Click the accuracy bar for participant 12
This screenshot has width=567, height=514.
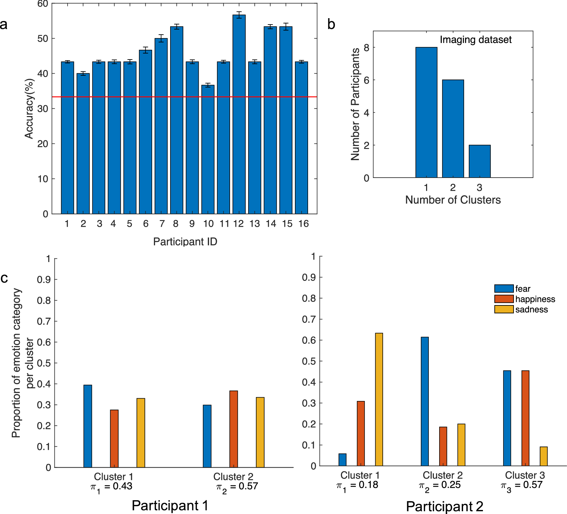[x=239, y=114]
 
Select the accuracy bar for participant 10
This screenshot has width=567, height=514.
[x=208, y=150]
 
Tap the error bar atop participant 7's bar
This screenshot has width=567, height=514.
[x=161, y=38]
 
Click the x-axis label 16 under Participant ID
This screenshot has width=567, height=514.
[x=303, y=224]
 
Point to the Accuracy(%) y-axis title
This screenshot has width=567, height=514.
[x=29, y=109]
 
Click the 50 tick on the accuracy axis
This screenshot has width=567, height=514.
[x=43, y=39]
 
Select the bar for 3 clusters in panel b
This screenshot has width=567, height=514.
[x=480, y=161]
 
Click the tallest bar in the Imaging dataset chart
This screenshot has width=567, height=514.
[x=426, y=112]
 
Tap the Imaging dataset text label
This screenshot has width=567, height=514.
[x=476, y=40]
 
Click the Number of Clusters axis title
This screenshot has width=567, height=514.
[x=453, y=200]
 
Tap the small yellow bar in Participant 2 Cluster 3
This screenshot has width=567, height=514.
[x=543, y=456]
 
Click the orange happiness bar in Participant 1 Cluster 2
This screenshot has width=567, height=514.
[x=233, y=429]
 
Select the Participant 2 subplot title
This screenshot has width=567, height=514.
[x=444, y=506]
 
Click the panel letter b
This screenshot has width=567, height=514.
[x=331, y=24]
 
